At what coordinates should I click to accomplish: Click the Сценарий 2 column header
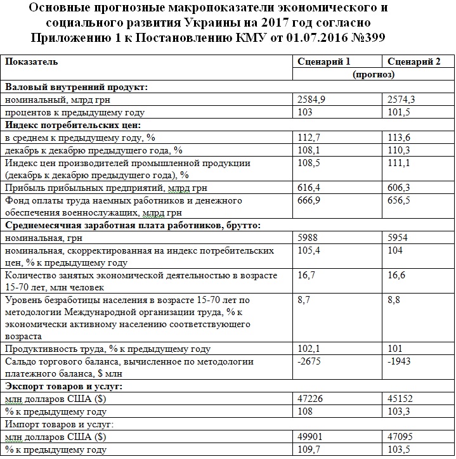tap(412, 61)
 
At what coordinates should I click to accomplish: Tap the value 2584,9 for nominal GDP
tap(312, 100)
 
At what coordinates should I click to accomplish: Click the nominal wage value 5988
tap(308, 238)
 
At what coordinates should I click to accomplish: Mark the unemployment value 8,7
tap(304, 300)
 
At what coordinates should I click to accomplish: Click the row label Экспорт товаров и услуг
tap(63, 386)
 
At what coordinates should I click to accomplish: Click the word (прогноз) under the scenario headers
tap(374, 74)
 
